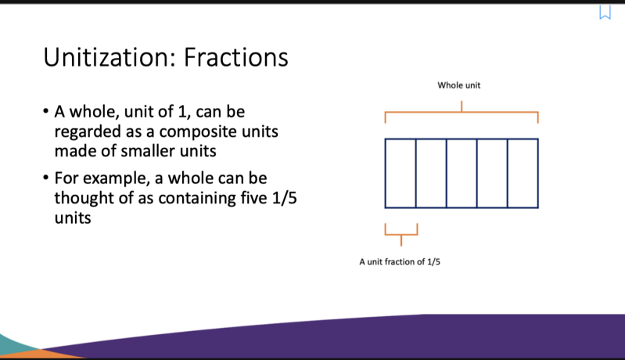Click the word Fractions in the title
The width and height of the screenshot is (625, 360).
click(x=236, y=57)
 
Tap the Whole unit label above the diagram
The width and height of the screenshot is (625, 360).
click(x=459, y=85)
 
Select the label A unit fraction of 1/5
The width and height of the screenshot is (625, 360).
click(x=400, y=262)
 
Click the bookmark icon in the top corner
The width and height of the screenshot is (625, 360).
click(x=605, y=12)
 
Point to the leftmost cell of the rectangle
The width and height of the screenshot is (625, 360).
click(x=401, y=174)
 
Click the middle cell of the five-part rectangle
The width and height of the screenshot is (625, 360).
click(x=462, y=174)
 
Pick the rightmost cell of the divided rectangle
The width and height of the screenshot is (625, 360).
click(x=523, y=174)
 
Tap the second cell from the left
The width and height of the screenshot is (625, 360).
click(x=431, y=174)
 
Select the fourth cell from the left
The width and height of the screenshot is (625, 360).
click(x=492, y=174)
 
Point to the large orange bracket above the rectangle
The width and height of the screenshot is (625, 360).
click(x=462, y=112)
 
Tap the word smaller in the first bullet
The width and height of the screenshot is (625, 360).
click(x=148, y=151)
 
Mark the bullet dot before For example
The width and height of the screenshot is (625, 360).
click(x=46, y=177)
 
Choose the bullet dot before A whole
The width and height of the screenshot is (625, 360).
click(x=46, y=110)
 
